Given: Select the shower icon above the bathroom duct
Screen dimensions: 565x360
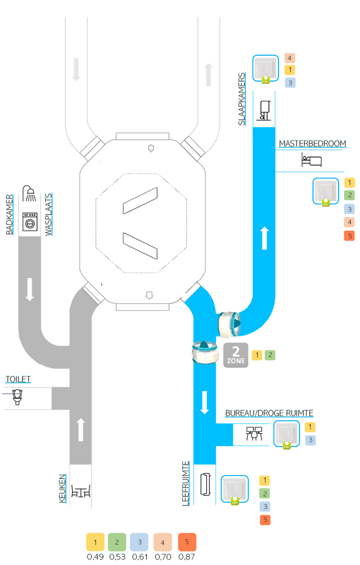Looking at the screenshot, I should tap(30, 194).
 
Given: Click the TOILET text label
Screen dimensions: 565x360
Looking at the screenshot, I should tap(18, 379).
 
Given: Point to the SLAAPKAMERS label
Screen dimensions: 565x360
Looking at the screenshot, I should tap(242, 98).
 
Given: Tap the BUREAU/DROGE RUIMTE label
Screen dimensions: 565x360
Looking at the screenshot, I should tap(269, 413).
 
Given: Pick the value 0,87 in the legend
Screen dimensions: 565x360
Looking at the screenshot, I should tap(187, 557).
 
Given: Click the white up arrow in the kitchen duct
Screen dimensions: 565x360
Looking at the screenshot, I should tap(81, 429).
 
